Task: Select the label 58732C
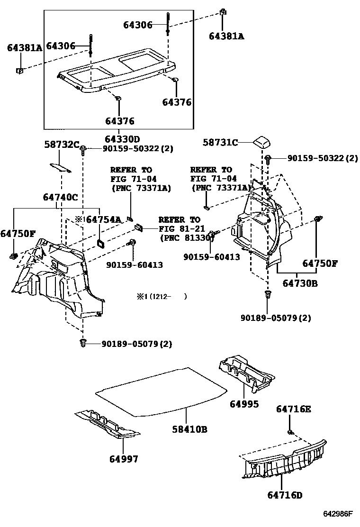61,145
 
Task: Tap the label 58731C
221,142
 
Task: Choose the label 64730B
300,283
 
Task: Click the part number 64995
244,404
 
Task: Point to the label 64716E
294,409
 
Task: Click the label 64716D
285,495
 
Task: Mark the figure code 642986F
338,514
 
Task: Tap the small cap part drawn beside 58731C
262,141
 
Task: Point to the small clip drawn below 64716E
291,432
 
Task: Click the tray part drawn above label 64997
107,423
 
